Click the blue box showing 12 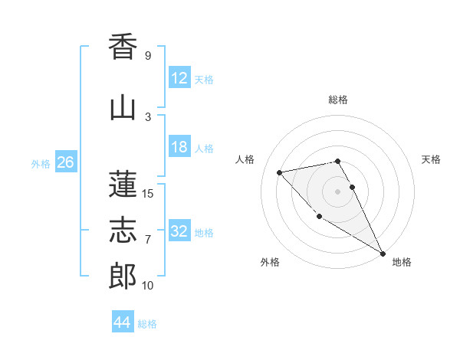[179, 78]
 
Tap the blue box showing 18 [179, 147]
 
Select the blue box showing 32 [179, 231]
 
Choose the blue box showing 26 [65, 162]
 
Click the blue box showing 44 [123, 322]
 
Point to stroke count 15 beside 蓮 [147, 194]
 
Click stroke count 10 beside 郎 [147, 286]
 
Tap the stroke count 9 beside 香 [147, 56]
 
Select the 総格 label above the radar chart [338, 100]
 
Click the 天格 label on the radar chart [431, 159]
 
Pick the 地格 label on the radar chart [402, 262]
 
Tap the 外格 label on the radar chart [270, 262]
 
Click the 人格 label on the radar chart [245, 159]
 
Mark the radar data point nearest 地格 [383, 253]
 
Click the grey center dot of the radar [338, 191]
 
